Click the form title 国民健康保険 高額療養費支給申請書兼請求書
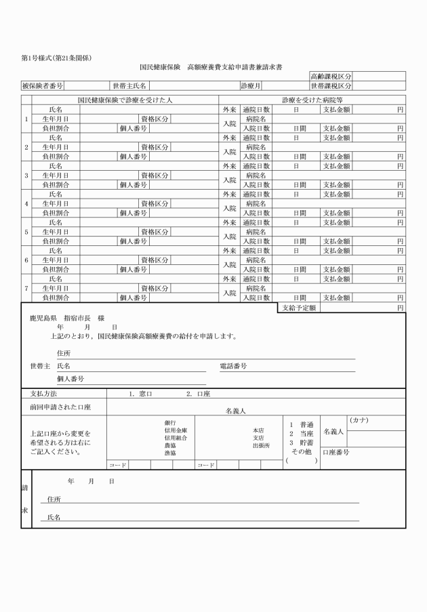click(211, 68)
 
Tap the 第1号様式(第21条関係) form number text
click(56, 58)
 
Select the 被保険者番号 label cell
click(43, 86)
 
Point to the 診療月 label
click(251, 86)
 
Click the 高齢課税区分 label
click(331, 77)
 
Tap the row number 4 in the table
click(26, 203)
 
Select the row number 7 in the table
click(26, 289)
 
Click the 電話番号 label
click(233, 366)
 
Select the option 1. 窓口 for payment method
click(142, 393)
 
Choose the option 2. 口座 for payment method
click(198, 393)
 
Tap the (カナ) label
click(359, 420)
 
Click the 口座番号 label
click(337, 451)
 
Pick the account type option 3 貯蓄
click(301, 442)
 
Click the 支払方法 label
click(43, 393)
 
